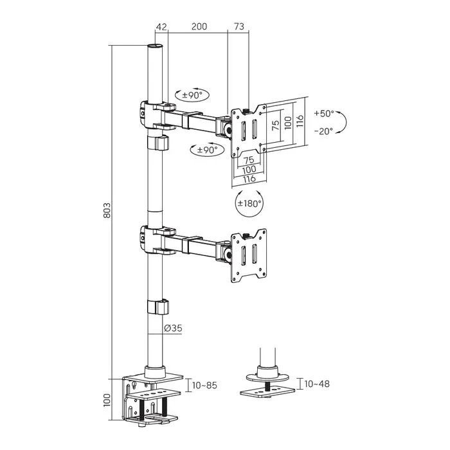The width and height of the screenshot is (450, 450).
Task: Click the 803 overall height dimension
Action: click(108, 211)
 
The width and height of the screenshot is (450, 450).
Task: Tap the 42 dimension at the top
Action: click(161, 26)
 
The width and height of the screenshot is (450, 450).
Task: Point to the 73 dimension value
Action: click(239, 26)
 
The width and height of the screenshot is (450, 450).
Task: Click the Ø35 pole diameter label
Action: click(173, 328)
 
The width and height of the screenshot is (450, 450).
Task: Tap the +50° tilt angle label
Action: click(325, 113)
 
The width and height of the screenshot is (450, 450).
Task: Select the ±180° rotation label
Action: click(250, 204)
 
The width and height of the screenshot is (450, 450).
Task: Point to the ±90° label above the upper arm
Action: click(191, 95)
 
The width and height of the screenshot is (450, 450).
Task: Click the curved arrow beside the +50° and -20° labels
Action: click(344, 122)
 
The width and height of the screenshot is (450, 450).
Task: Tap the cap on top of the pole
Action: click(154, 47)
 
